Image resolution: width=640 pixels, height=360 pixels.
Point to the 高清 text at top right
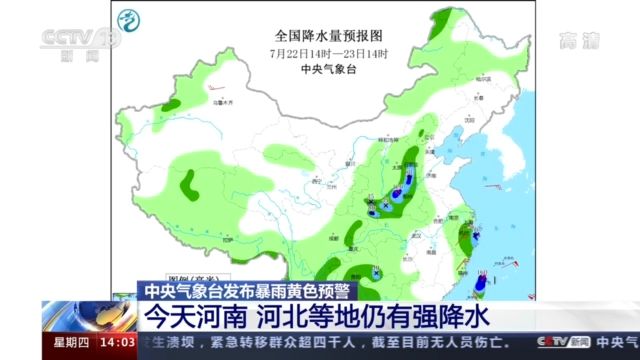[579, 41]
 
